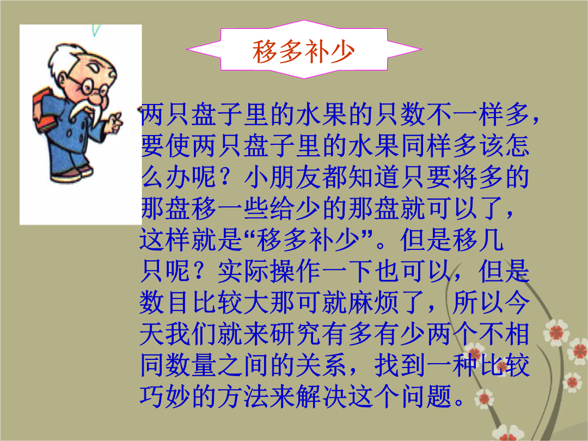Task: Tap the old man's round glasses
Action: pyautogui.click(x=90, y=85)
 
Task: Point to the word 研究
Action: pyautogui.click(x=297, y=334)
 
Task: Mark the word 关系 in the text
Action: pyautogui.click(x=321, y=365)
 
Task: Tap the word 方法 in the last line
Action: pyautogui.click(x=243, y=396)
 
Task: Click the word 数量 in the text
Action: pyautogui.click(x=191, y=365)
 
